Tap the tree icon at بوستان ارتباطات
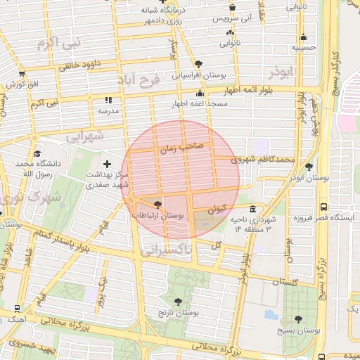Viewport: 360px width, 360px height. [x=157, y=204]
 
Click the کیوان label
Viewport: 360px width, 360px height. [x=217, y=209]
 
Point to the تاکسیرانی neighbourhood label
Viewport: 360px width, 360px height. [x=167, y=249]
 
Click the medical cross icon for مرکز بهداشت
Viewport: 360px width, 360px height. [x=107, y=164]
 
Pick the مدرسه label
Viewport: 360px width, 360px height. [x=108, y=111]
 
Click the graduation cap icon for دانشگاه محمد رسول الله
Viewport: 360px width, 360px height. [x=37, y=153]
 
